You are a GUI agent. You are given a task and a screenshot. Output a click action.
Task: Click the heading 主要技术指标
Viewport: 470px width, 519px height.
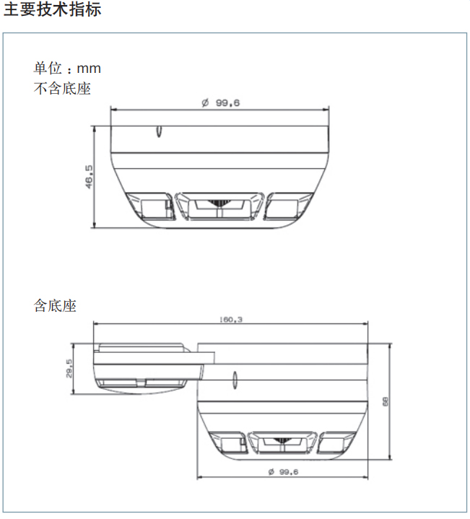point(53,11)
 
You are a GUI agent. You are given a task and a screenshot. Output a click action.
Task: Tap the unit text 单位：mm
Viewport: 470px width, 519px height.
point(67,69)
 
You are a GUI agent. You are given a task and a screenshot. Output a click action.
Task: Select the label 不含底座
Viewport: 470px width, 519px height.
point(62,89)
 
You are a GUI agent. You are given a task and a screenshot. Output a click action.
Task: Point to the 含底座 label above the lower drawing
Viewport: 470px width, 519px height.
point(55,305)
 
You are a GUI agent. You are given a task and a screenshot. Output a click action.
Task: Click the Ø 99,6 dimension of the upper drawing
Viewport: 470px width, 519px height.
point(220,103)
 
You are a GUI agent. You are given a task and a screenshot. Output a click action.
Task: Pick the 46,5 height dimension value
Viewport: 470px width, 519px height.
point(89,177)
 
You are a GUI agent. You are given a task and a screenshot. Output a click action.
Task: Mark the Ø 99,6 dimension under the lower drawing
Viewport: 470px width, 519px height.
point(282,471)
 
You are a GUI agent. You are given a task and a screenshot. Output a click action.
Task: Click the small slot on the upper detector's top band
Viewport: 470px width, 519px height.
point(157,131)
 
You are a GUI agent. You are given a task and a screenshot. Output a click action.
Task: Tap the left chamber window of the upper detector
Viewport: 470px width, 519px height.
point(149,207)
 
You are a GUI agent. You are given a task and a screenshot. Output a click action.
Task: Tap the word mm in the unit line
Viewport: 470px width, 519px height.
point(90,69)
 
